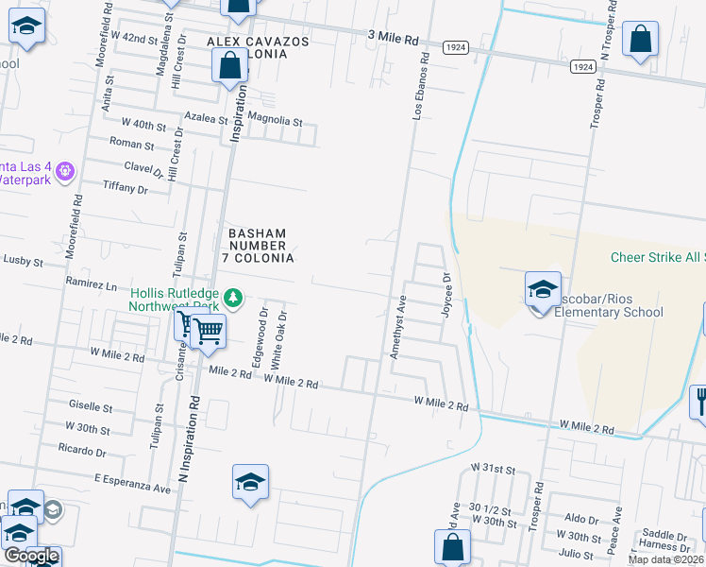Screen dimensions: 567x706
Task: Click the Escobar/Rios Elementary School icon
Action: pos(543,290)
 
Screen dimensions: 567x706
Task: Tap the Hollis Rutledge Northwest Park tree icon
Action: pos(232,300)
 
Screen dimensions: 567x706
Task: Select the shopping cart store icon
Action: pos(208,331)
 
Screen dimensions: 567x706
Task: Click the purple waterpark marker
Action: pos(64,171)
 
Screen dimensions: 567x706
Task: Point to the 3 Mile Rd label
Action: pos(393,40)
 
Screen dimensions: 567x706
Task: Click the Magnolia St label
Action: pos(276,122)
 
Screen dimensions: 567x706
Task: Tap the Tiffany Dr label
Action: pos(126,189)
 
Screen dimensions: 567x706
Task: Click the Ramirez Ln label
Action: pos(91,283)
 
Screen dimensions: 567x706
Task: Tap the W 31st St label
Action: pos(494,470)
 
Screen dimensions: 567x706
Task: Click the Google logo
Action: pos(31,556)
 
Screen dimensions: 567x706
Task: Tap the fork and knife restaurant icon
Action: pos(700,401)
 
